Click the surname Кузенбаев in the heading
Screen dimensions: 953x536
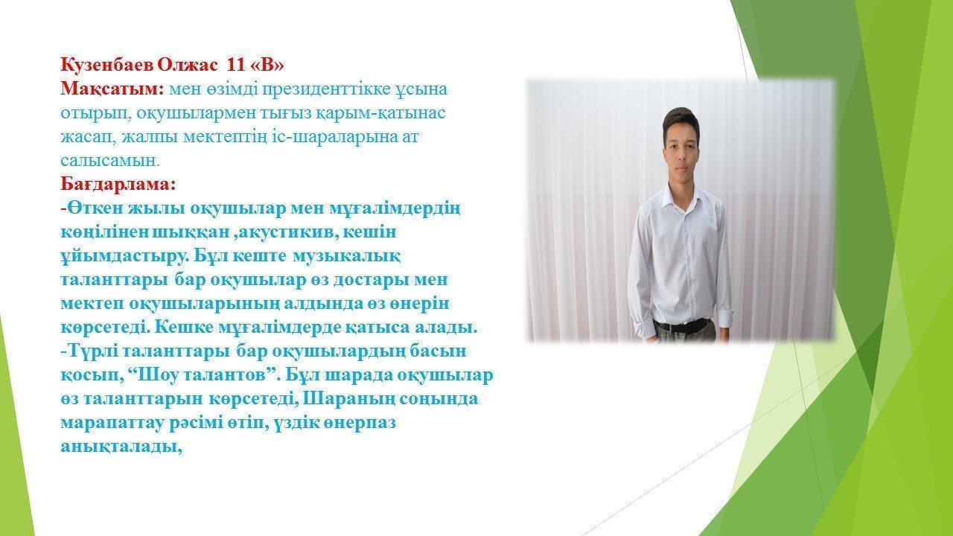[x=108, y=65]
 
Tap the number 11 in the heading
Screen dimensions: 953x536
[x=236, y=65]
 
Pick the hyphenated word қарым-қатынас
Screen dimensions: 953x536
[x=383, y=114]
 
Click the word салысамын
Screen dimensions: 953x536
[x=109, y=161]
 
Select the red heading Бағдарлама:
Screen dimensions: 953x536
[x=118, y=185]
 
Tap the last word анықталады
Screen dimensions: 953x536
[x=119, y=447]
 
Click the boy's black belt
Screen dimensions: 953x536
[x=683, y=325]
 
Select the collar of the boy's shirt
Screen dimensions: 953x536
[x=681, y=195]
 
